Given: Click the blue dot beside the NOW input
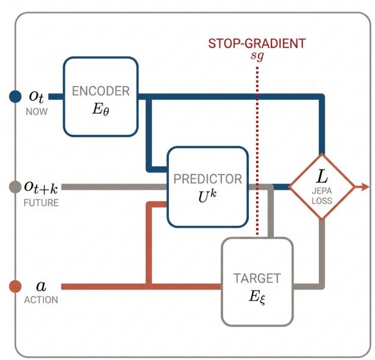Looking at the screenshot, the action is coord(15,96).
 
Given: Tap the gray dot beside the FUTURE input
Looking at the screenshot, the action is coord(15,187).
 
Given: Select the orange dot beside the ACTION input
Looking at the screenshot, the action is coord(15,286).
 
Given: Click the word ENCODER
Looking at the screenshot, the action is coord(101,91).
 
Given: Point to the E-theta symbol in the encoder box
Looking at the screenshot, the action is coord(101,110).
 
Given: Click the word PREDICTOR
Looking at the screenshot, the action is coord(207,179).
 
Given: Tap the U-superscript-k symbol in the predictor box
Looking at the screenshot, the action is coord(207,197).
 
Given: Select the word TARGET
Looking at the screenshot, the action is coord(257,278).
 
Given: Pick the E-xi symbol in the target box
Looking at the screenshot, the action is coord(257,298).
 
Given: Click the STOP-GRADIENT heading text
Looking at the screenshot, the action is coord(257,43).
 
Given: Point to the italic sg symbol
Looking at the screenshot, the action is coord(257,56).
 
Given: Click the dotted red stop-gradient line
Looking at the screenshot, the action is coord(257,151).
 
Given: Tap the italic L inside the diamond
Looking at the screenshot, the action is coord(322,177).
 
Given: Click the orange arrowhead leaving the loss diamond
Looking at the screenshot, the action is coord(365,187).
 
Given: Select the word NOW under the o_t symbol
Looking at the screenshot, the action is coord(37,112).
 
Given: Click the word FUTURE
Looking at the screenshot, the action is coord(41,203).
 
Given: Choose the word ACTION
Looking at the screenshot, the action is coord(41,300).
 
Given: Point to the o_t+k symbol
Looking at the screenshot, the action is coord(41,187).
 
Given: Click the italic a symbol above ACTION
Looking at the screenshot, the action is coord(41,286).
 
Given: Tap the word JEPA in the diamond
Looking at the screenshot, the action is coord(322,191).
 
